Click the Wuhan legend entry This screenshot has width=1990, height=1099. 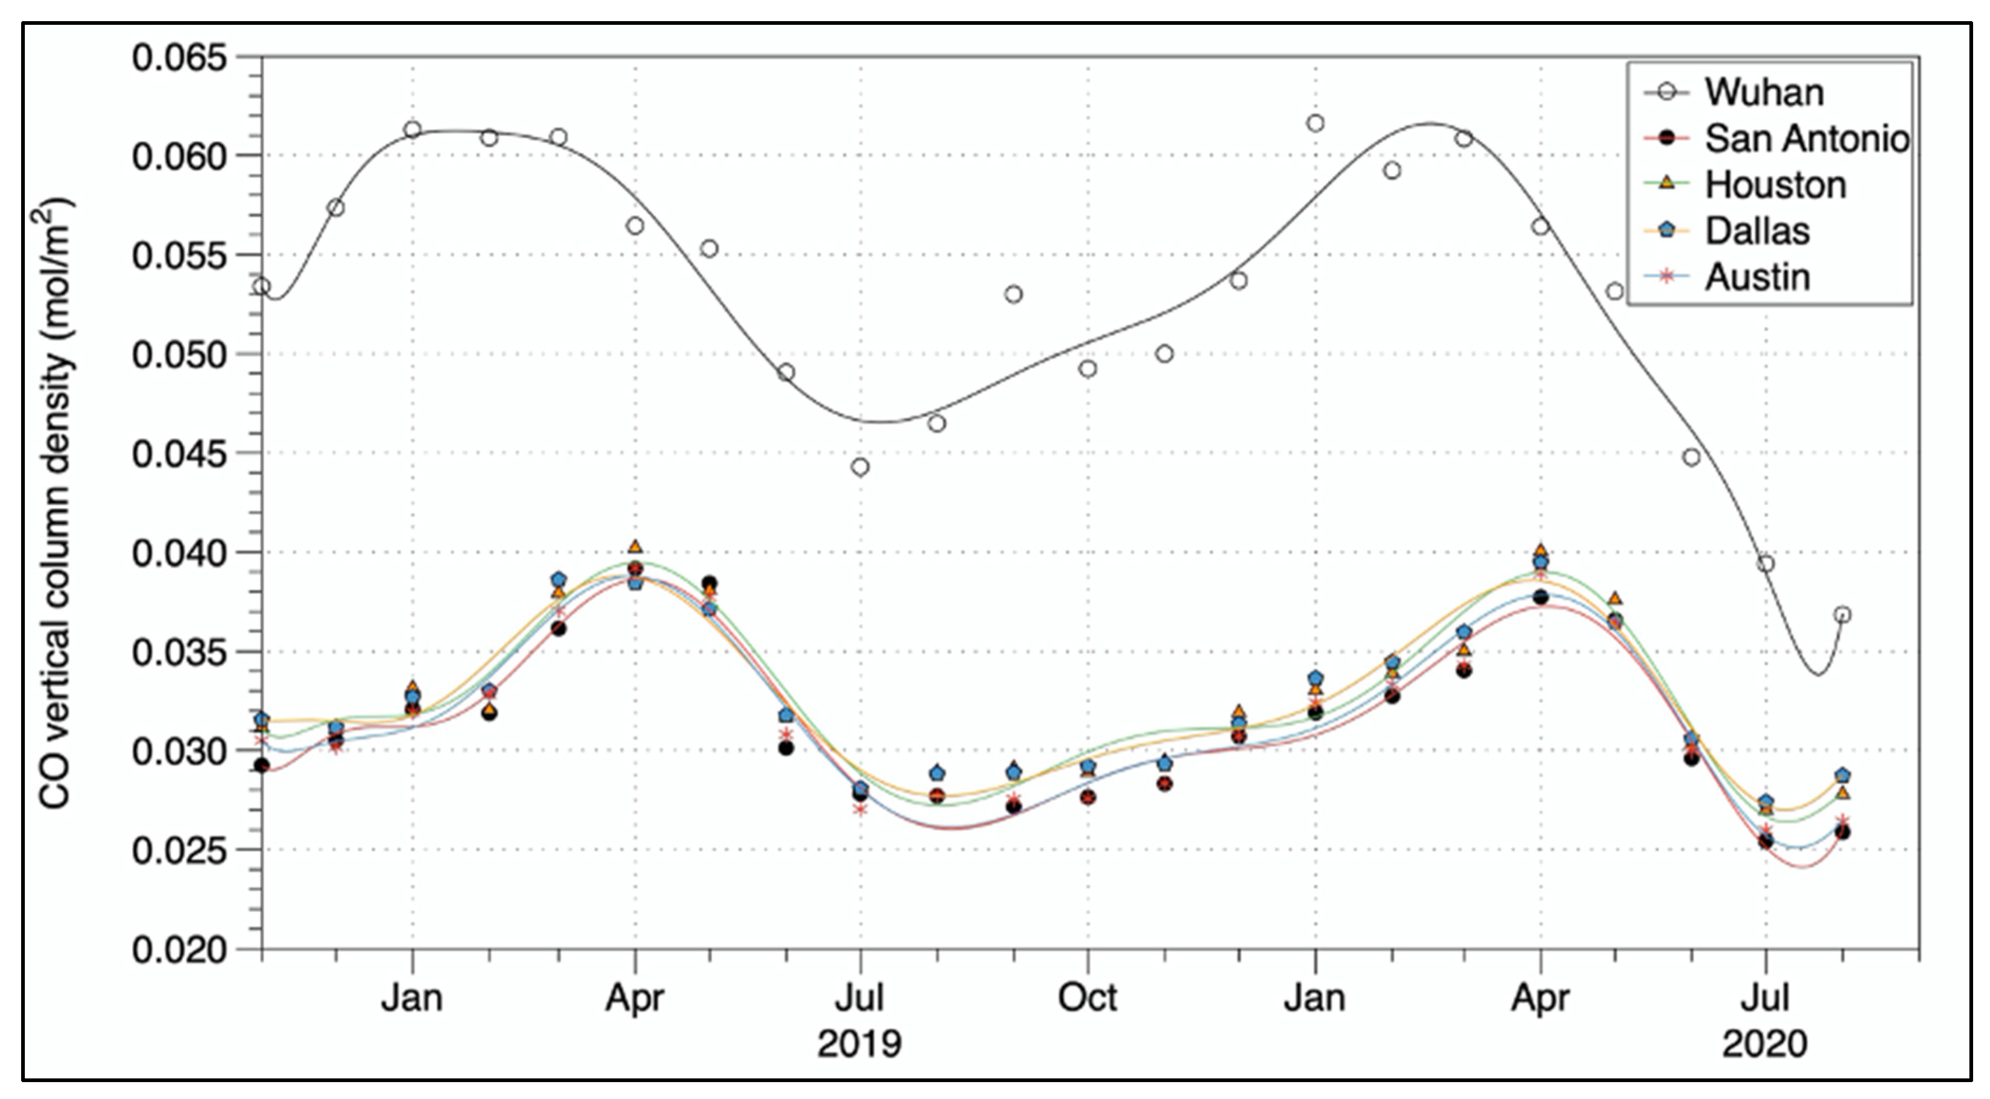tap(1764, 92)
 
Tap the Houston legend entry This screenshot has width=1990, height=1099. tap(1775, 185)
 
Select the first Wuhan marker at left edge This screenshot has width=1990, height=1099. tap(262, 287)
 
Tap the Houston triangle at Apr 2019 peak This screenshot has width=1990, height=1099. tap(635, 547)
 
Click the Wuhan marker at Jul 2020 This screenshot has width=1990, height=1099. tap(1765, 564)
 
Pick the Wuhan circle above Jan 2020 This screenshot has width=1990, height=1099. tap(1315, 124)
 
